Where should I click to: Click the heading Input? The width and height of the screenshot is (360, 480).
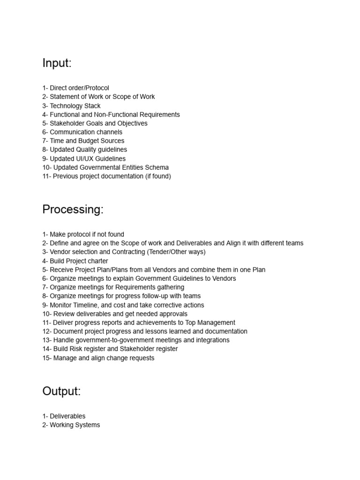tap(57, 63)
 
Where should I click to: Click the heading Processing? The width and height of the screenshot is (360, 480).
tap(73, 210)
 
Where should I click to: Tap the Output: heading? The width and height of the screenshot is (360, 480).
tap(61, 391)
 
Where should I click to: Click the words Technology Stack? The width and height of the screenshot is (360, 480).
tap(75, 106)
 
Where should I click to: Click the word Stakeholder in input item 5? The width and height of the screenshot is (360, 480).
tap(67, 123)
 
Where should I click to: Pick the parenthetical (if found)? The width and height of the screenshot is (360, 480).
tap(156, 176)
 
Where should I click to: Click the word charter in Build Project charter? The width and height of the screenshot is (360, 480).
tap(97, 261)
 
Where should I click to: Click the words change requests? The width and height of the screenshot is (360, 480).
tap(131, 358)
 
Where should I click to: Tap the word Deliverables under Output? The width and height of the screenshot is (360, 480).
tap(67, 416)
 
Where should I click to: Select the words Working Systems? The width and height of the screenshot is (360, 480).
tap(75, 425)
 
